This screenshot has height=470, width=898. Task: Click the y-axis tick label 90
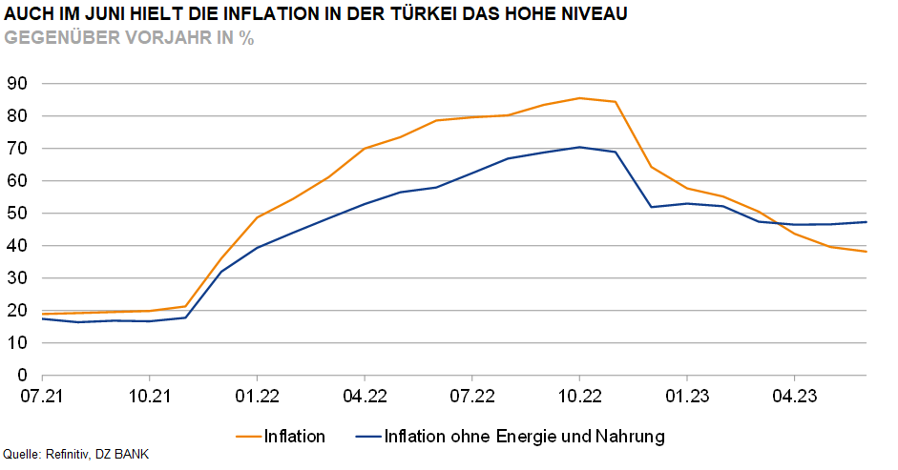tap(17, 84)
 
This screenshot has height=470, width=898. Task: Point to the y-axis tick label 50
tap(17, 214)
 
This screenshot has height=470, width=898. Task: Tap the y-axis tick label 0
tap(22, 376)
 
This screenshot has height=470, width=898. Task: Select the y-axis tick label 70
tap(17, 149)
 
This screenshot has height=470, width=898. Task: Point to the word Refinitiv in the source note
tap(68, 454)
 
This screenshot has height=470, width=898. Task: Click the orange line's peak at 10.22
tap(579, 98)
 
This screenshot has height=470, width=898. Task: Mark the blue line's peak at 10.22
tap(579, 147)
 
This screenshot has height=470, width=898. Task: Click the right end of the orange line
tap(866, 252)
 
